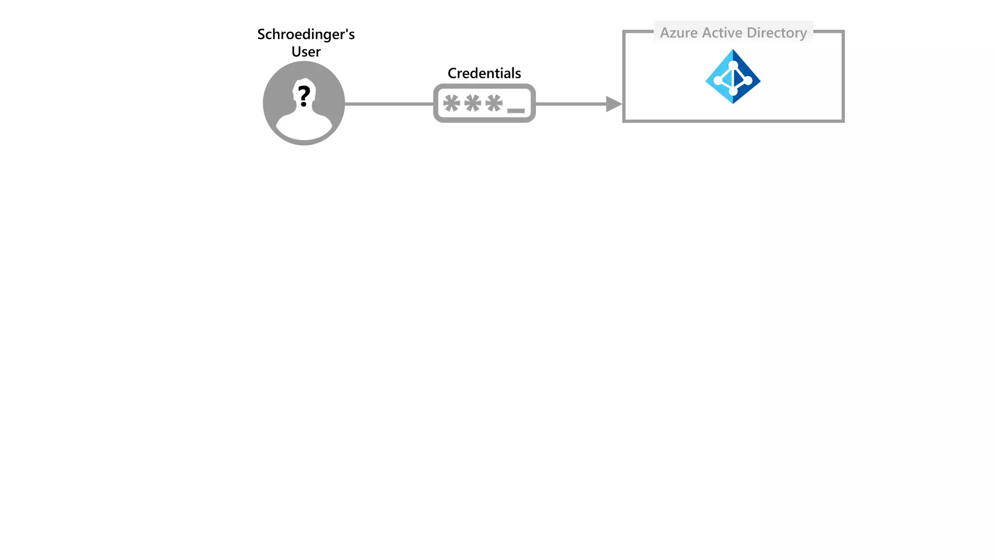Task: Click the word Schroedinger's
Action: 306,35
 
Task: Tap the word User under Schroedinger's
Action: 306,52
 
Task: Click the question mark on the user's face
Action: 304,96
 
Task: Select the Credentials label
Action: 484,73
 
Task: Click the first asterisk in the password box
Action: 451,103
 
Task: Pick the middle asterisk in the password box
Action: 473,103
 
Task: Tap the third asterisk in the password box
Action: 494,103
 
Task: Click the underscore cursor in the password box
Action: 515,111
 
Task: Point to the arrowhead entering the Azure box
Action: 613,104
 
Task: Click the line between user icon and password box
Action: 389,104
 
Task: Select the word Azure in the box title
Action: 678,33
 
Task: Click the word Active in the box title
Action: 722,33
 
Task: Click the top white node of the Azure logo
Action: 733,65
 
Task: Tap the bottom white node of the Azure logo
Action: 733,91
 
